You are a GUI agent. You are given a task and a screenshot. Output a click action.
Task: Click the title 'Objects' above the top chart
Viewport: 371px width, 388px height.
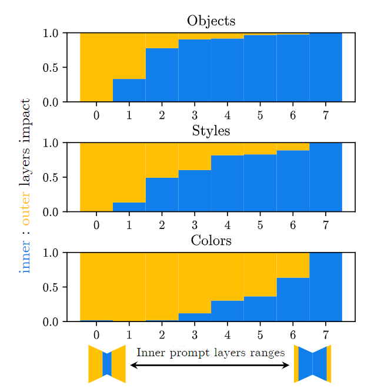pyautogui.click(x=211, y=21)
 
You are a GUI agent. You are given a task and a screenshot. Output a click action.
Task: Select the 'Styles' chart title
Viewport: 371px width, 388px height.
pyautogui.click(x=211, y=131)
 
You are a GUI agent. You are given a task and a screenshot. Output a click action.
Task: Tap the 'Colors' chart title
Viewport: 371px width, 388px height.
pyautogui.click(x=211, y=241)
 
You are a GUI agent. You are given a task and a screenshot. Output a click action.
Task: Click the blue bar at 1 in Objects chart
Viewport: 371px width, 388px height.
pyautogui.click(x=129, y=90)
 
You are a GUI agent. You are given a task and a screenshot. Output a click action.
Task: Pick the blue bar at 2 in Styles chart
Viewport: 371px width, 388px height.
pyautogui.click(x=162, y=194)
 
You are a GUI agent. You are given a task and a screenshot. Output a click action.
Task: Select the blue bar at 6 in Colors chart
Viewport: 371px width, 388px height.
pyautogui.click(x=293, y=299)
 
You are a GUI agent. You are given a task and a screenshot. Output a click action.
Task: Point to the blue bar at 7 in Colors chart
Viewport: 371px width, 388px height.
pyautogui.click(x=325, y=287)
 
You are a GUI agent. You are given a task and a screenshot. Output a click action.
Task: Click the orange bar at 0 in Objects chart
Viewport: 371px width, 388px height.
pyautogui.click(x=96, y=67)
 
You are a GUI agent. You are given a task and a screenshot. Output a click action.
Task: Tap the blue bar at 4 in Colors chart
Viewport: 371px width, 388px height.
pyautogui.click(x=227, y=311)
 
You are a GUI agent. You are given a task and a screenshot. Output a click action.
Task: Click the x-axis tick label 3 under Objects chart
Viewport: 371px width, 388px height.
pyautogui.click(x=195, y=115)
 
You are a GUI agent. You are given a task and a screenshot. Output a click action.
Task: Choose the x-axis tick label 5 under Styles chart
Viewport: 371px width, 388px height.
pyautogui.click(x=260, y=224)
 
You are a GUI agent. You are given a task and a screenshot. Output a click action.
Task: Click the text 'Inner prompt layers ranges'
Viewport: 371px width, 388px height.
pyautogui.click(x=210, y=353)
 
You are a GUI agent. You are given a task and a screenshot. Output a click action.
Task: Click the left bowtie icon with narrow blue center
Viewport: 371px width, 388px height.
pyautogui.click(x=106, y=364)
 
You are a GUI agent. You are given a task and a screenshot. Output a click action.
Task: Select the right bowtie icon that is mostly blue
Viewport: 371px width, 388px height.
pyautogui.click(x=312, y=364)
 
